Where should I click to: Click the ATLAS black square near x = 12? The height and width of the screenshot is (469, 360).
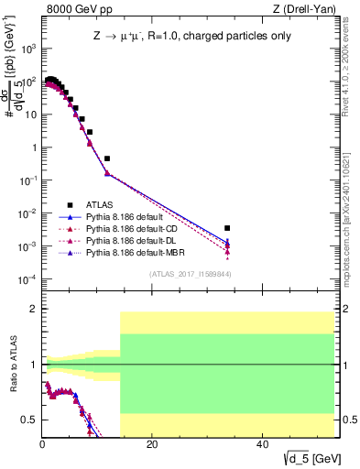click(x=107, y=158)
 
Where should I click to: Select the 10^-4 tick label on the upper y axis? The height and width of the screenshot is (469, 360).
click(x=27, y=279)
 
